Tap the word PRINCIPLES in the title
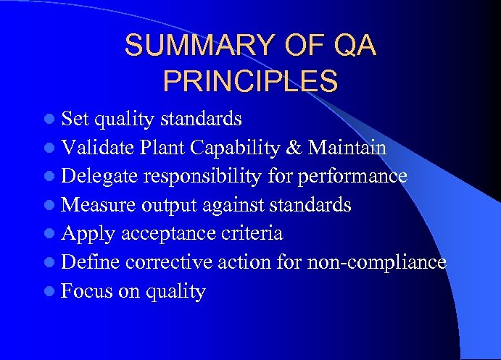[250, 81]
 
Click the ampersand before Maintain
[295, 148]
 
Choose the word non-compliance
[376, 262]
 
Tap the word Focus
[86, 291]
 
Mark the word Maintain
[347, 148]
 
